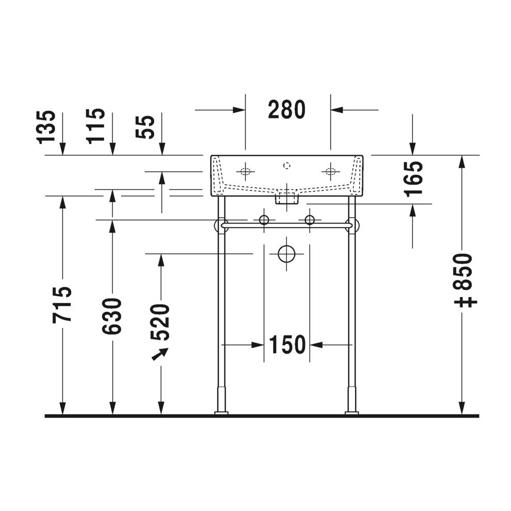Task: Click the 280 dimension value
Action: pos(287,110)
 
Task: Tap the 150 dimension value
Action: pos(287,344)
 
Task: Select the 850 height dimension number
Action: pos(463,272)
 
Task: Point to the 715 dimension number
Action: pos(62,305)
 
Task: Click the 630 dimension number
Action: pos(112,316)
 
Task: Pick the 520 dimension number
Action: pos(160,322)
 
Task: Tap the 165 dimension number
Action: pos(413,179)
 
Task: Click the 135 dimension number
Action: pos(46,127)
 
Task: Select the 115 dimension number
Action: pos(95,126)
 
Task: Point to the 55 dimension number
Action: pos(145,127)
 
